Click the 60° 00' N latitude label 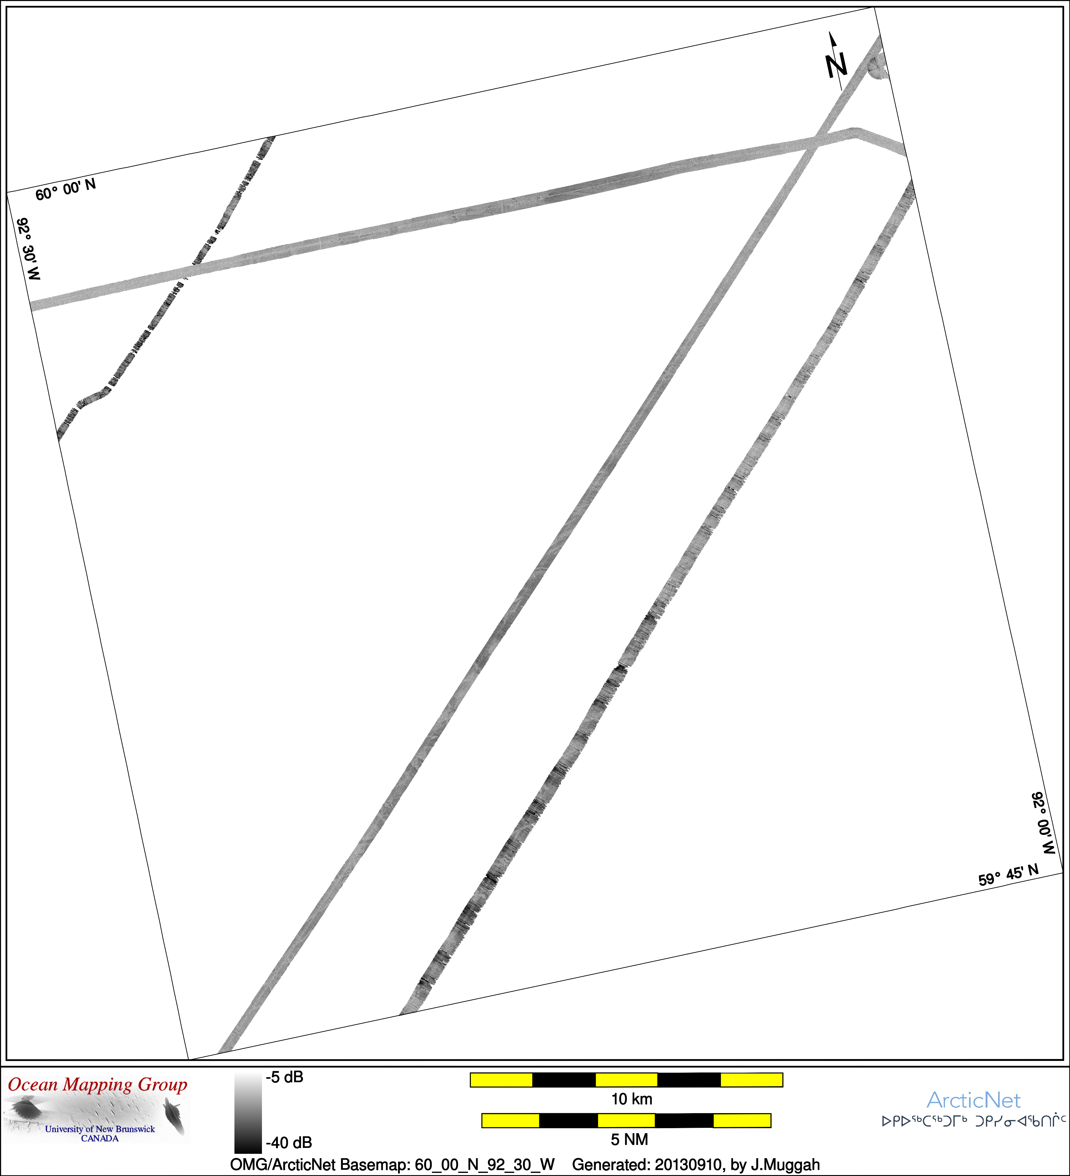coord(65,190)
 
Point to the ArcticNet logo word coord(973,1100)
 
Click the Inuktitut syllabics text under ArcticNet coord(973,1120)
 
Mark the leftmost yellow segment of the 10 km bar coord(501,1080)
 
